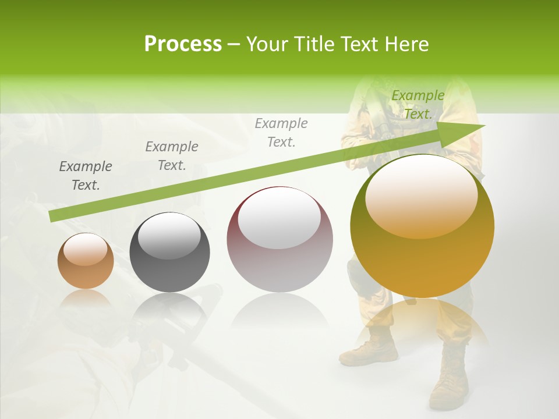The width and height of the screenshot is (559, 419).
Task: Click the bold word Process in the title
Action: [183, 44]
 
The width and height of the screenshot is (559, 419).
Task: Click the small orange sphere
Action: [86, 261]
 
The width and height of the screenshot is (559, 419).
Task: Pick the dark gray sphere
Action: [169, 253]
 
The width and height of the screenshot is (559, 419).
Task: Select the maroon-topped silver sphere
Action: [279, 240]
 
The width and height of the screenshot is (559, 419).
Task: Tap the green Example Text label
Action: [418, 105]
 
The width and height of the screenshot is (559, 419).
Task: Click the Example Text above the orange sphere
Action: [86, 176]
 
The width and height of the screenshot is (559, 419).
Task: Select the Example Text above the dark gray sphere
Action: [172, 156]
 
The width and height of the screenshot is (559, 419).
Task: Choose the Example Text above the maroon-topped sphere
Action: [281, 132]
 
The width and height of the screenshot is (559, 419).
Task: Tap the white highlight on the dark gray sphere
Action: [169, 235]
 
